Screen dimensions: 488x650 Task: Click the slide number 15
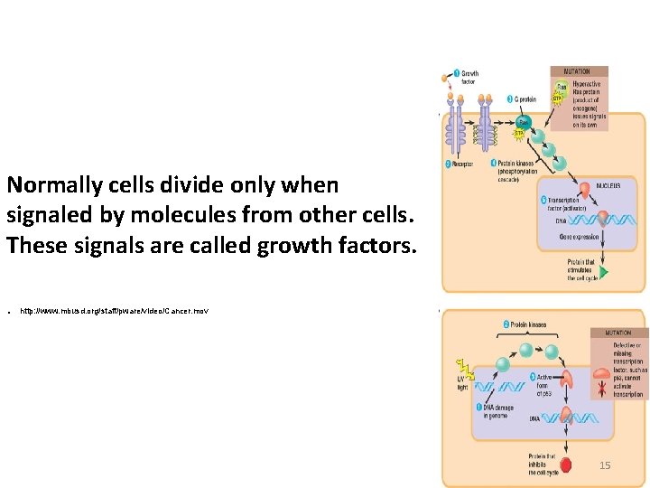[x=605, y=465]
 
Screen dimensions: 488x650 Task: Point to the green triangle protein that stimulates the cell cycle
[x=604, y=271]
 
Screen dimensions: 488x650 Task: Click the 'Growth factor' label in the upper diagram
[x=469, y=78]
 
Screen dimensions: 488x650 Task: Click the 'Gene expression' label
[x=579, y=236]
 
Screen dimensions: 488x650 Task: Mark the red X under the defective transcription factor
[x=602, y=389]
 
